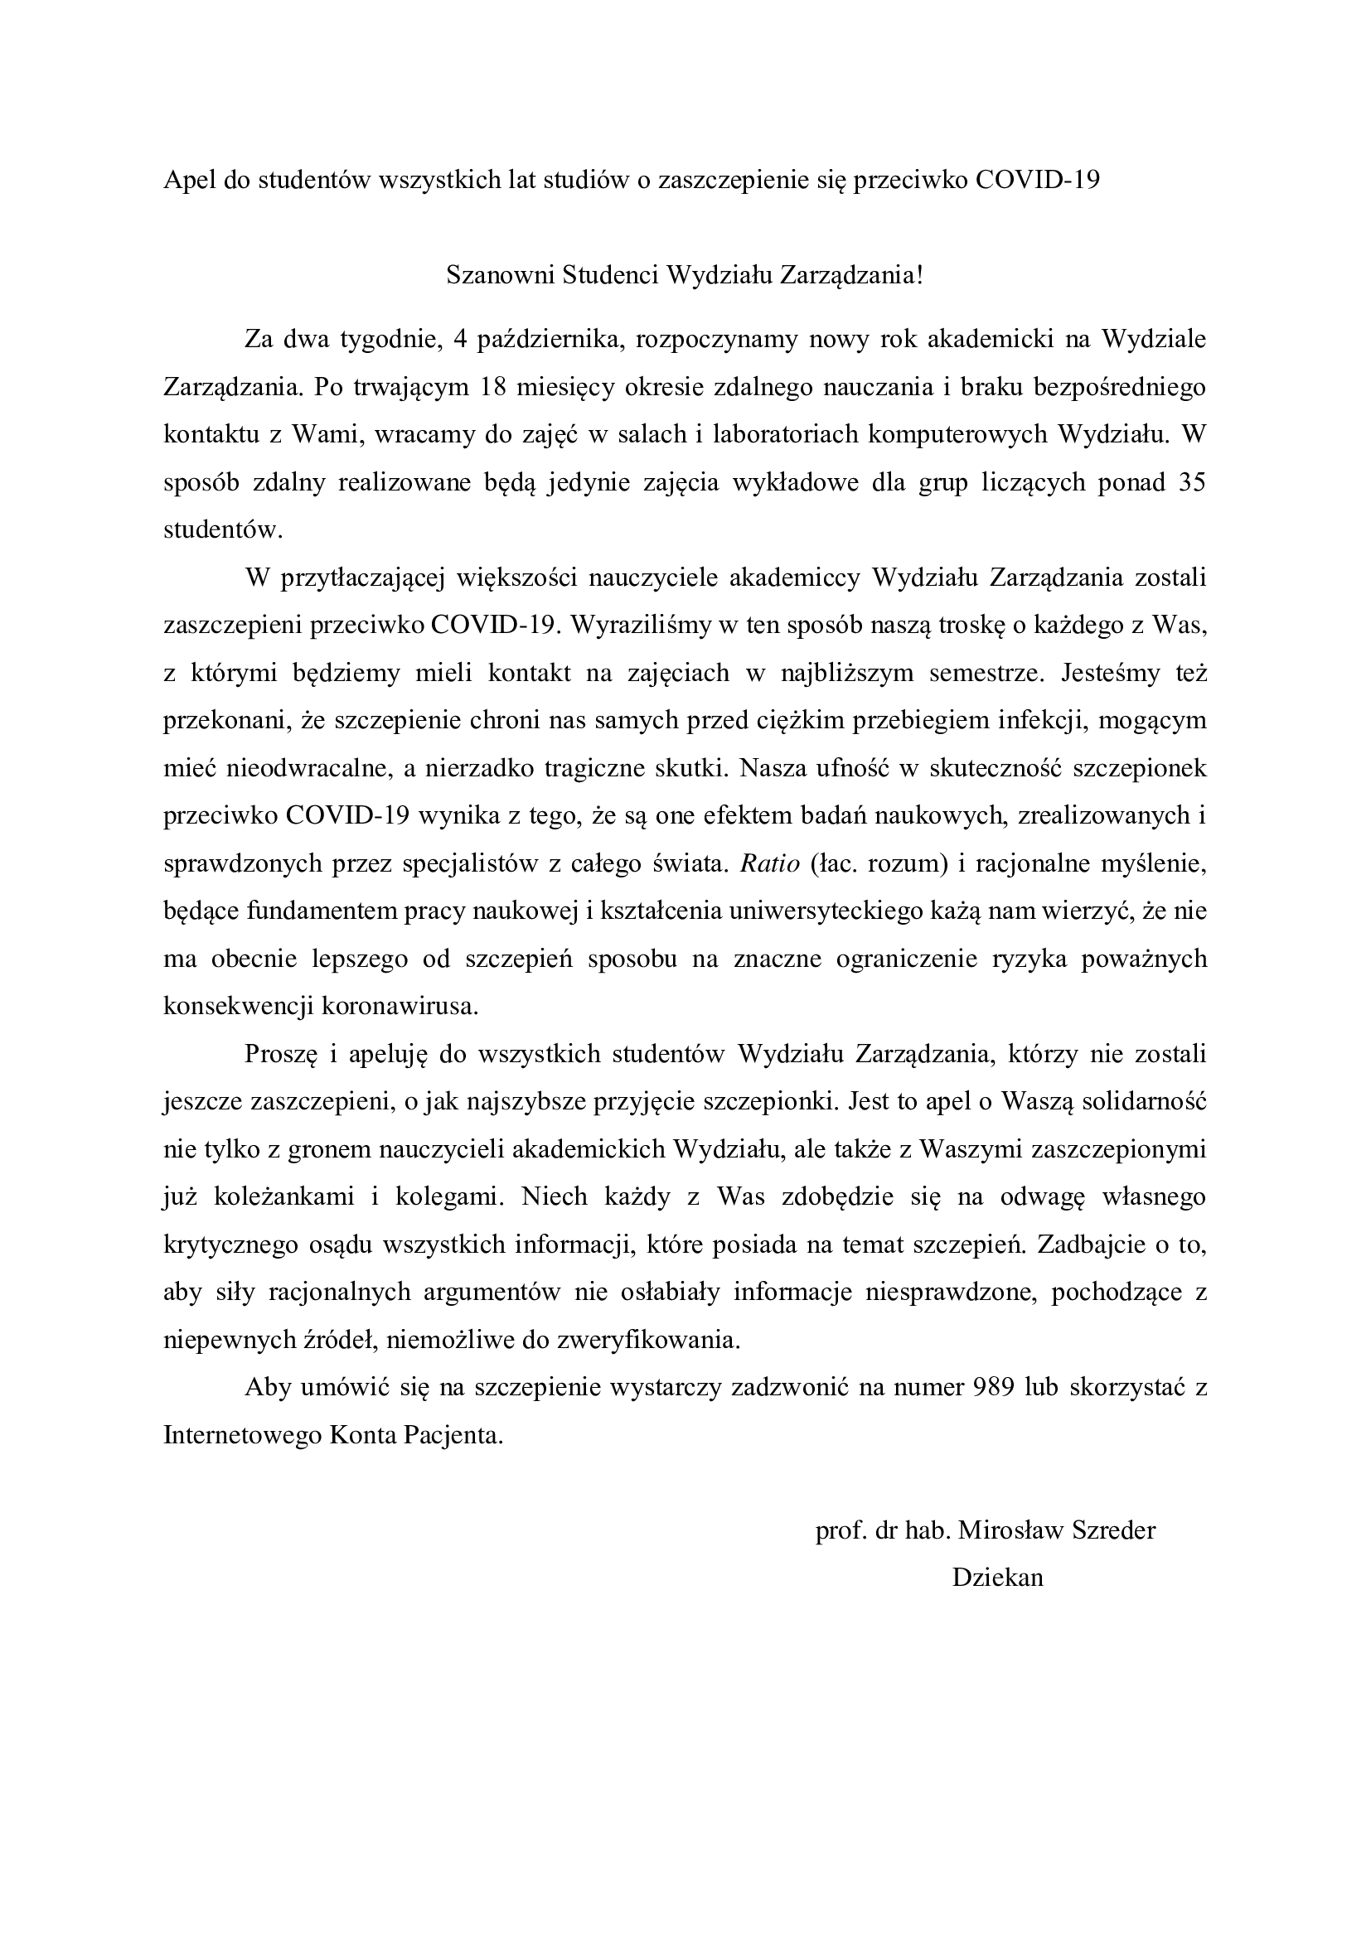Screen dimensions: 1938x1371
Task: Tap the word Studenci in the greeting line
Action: [x=609, y=276]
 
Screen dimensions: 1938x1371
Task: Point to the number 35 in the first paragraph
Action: [x=1190, y=483]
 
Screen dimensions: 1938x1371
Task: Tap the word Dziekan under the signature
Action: [x=998, y=1578]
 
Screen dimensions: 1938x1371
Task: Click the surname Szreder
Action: [x=1112, y=1530]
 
